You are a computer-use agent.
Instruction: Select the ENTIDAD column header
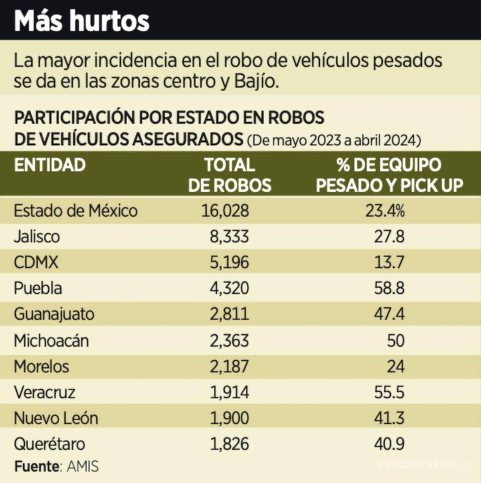tap(50, 165)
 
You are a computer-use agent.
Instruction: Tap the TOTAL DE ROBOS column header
tap(230, 175)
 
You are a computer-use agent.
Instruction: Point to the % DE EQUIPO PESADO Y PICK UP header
tap(389, 175)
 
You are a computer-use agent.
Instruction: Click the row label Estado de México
tap(76, 211)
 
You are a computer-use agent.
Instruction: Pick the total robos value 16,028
tap(225, 211)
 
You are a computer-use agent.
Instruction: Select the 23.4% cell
tap(384, 211)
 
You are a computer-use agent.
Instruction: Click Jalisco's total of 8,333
tap(229, 236)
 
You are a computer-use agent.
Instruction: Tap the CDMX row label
tap(36, 263)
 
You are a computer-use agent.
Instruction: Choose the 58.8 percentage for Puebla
tap(389, 288)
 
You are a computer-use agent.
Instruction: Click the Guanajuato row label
tap(54, 314)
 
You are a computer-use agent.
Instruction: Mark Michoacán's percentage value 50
tap(396, 340)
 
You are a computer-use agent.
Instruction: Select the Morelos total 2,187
tap(229, 367)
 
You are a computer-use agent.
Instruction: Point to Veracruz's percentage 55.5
tap(389, 392)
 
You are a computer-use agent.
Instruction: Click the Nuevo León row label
tap(56, 418)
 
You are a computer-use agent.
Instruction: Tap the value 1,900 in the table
tap(229, 418)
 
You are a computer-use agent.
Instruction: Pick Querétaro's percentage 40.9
tap(389, 444)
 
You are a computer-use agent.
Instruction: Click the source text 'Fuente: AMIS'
tap(57, 467)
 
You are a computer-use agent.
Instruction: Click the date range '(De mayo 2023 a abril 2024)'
tap(334, 140)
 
